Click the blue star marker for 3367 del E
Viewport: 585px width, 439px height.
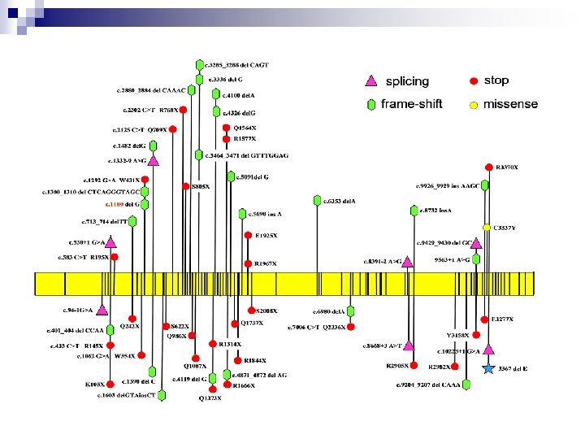pyautogui.click(x=488, y=368)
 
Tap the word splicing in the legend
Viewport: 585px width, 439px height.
pyautogui.click(x=407, y=81)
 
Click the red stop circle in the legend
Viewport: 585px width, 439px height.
pyautogui.click(x=473, y=80)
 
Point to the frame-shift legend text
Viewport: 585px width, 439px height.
pyautogui.click(x=414, y=104)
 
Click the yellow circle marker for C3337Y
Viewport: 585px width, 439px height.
pyautogui.click(x=486, y=227)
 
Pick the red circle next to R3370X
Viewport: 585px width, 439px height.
pyautogui.click(x=488, y=167)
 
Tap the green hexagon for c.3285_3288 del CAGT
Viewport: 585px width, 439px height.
pyautogui.click(x=199, y=64)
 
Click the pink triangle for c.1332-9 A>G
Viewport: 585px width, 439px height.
pyautogui.click(x=153, y=160)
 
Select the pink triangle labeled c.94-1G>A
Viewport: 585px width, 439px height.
pyautogui.click(x=102, y=309)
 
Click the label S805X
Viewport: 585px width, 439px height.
pyautogui.click(x=201, y=186)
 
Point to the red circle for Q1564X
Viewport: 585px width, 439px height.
pyautogui.click(x=226, y=128)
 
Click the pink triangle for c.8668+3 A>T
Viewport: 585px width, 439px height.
pyautogui.click(x=409, y=346)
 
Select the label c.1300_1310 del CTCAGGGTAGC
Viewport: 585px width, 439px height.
pyautogui.click(x=91, y=193)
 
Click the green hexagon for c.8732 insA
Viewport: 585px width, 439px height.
pyautogui.click(x=414, y=211)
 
